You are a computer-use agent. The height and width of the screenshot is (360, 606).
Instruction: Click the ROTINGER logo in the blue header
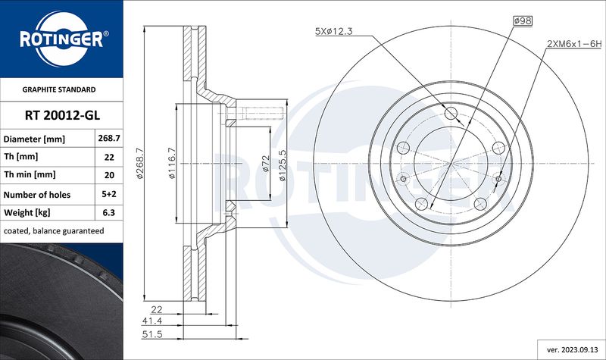coord(62,39)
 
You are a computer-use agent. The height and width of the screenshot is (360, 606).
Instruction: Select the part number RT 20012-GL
coord(62,115)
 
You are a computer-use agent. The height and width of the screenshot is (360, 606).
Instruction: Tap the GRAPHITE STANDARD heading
coord(59,89)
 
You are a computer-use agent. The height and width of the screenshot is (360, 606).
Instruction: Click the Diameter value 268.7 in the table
coord(109,139)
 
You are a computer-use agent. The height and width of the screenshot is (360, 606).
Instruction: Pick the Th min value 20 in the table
coord(109,175)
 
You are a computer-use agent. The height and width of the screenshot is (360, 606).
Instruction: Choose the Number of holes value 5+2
coord(109,194)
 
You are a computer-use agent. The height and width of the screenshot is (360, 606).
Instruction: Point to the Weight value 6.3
coord(109,212)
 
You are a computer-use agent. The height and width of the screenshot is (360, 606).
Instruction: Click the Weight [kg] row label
coord(27,213)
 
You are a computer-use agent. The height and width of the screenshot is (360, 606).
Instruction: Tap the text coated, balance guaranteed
coord(54,231)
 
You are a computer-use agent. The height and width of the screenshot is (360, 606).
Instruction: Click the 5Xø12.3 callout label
coord(334,31)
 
